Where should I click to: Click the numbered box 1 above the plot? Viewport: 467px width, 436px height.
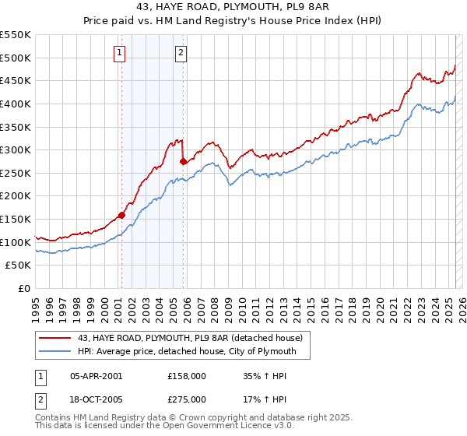pyautogui.click(x=120, y=53)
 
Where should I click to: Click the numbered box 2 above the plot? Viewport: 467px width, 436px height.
pyautogui.click(x=181, y=53)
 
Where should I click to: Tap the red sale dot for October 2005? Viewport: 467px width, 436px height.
pyautogui.click(x=184, y=162)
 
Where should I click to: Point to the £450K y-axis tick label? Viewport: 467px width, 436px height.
pyautogui.click(x=16, y=80)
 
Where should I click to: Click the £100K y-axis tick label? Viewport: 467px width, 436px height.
pyautogui.click(x=16, y=242)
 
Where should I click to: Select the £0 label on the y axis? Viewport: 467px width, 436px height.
pyautogui.click(x=24, y=289)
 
